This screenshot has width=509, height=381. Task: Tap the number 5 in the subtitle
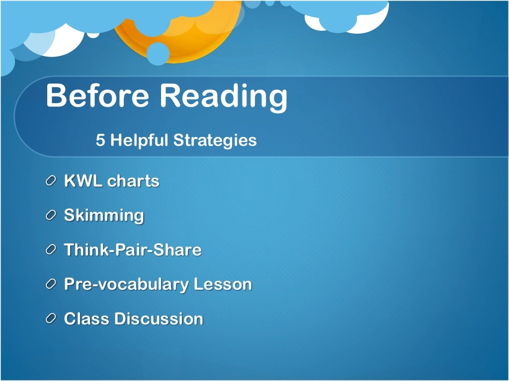point(100,140)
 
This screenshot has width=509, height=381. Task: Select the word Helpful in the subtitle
point(140,140)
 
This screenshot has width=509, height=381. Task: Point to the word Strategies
point(215,141)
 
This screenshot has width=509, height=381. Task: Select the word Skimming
point(104,216)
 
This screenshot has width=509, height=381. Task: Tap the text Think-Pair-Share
point(132,250)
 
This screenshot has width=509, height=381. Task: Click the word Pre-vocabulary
point(126,285)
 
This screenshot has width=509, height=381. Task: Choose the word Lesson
point(222,284)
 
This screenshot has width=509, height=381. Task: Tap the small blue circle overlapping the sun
point(158,54)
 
